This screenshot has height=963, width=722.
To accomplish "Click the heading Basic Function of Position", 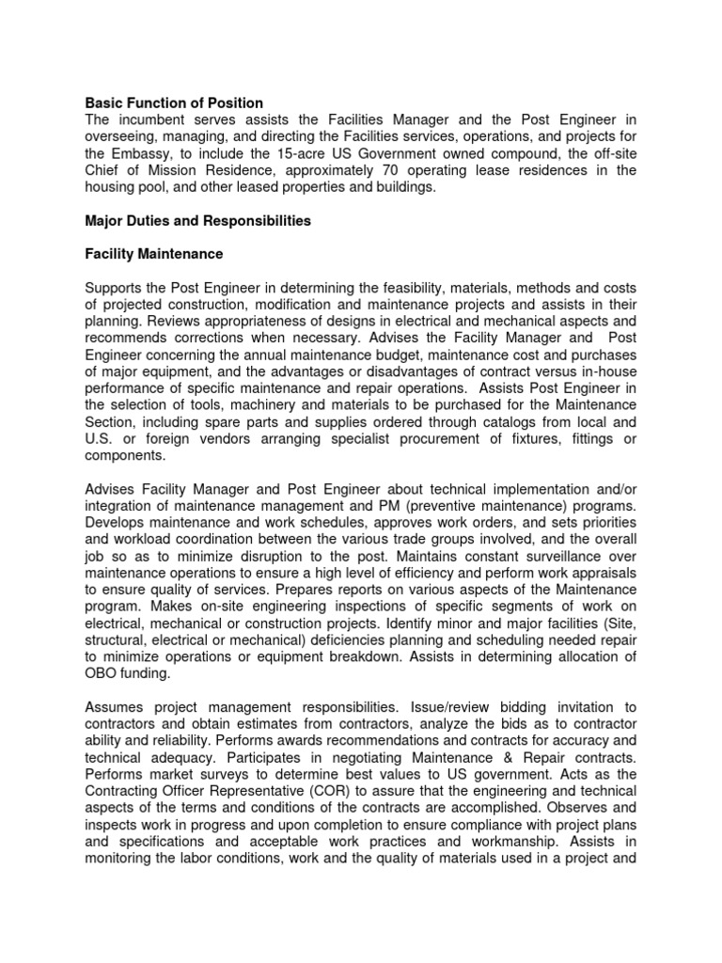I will click(174, 103).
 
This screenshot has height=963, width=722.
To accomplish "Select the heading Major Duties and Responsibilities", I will click(198, 221).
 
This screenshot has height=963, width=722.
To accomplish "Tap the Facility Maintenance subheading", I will click(154, 254).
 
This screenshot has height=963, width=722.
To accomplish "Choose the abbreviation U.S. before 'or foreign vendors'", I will click(100, 439).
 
